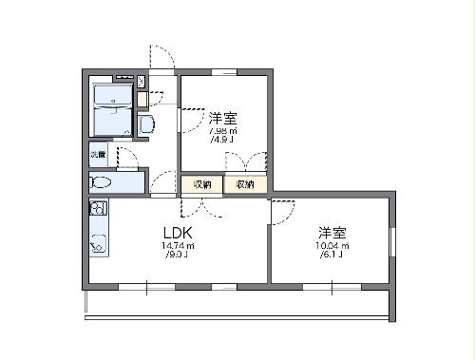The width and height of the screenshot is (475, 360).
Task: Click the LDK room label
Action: tap(180, 234)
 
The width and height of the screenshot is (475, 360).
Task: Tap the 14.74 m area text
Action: tap(180, 246)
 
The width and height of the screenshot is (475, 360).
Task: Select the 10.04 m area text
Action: tap(333, 246)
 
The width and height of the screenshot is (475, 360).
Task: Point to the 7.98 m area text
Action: tap(222, 131)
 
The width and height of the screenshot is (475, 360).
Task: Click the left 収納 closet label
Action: tap(202, 184)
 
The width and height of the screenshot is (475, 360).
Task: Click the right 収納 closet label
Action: tap(245, 184)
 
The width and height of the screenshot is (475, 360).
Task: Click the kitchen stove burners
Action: tap(98, 208)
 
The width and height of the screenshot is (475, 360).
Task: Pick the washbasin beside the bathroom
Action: tap(146, 123)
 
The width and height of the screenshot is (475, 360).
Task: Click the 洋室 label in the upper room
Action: tap(223, 119)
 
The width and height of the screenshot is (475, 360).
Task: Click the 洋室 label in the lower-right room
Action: tap(333, 233)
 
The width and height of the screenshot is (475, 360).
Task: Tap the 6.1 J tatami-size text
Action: tap(332, 256)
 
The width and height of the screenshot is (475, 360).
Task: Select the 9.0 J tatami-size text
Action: tap(179, 256)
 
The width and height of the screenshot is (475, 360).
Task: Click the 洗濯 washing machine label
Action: tap(98, 153)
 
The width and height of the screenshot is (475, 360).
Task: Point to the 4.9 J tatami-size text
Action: tap(222, 142)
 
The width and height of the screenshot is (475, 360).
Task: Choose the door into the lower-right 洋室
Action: tap(282, 213)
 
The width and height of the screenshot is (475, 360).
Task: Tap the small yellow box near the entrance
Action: tap(142, 99)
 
